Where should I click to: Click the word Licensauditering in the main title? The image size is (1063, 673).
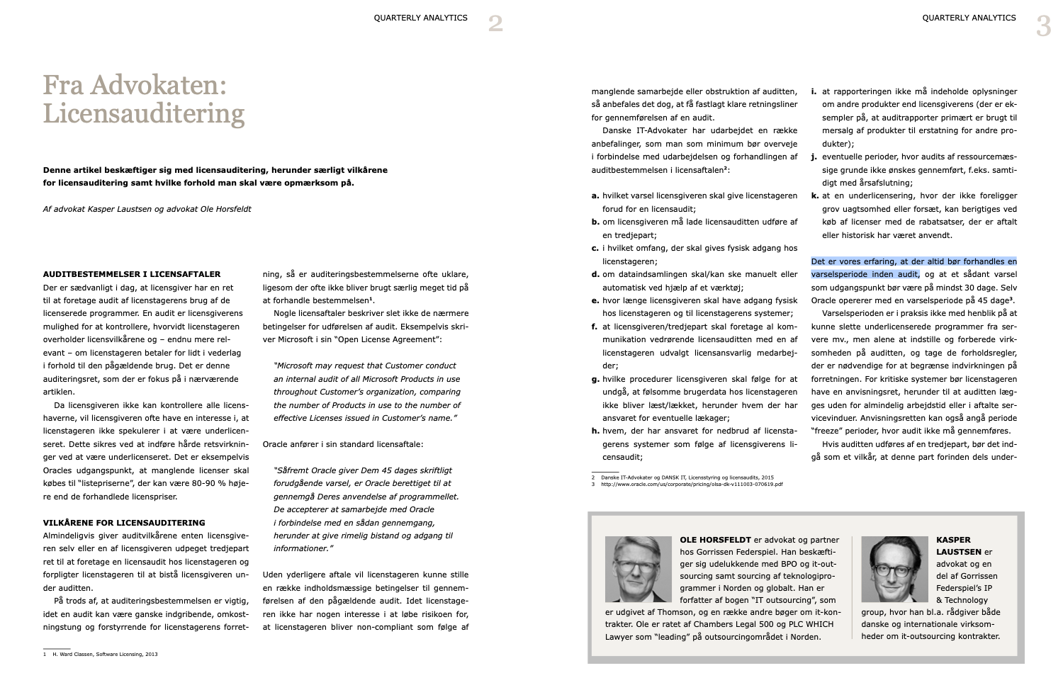[144, 113]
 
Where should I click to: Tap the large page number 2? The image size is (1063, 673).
[495, 24]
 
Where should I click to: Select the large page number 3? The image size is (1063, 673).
[1043, 26]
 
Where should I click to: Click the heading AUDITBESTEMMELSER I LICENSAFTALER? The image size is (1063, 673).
[132, 274]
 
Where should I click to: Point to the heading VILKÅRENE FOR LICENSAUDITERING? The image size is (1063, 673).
[124, 523]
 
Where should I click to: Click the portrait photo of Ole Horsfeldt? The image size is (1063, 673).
[638, 569]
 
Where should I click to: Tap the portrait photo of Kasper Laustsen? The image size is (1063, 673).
[894, 569]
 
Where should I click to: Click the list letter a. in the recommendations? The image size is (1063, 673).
[595, 196]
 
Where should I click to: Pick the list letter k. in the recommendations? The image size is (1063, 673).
[815, 196]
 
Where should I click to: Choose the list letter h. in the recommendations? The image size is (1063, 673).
[595, 431]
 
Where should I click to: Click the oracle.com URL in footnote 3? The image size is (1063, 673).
[692, 485]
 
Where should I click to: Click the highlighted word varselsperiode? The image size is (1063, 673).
[840, 274]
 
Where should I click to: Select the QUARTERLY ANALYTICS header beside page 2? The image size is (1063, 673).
[420, 18]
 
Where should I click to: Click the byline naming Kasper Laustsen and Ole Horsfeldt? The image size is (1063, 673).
[147, 209]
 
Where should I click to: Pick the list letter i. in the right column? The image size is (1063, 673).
[814, 91]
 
